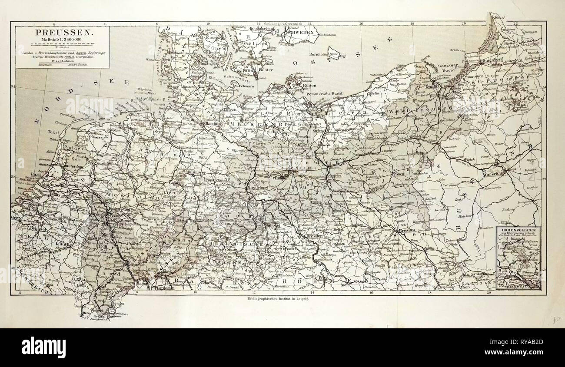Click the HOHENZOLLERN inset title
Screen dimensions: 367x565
click(520, 228)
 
